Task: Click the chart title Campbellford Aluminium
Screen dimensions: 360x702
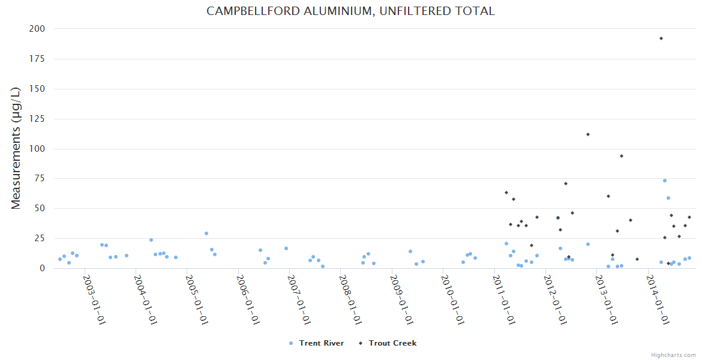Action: pos(350,11)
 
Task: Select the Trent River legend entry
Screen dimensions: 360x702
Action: pos(322,343)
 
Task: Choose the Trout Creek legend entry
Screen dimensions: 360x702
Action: pos(392,343)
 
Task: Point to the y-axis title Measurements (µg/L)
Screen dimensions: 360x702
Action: pos(16,148)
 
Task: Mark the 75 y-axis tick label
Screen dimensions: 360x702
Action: pos(38,179)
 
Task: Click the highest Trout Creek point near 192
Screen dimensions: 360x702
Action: pos(661,38)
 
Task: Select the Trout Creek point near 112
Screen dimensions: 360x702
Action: pos(588,134)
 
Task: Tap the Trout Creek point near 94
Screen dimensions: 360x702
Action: pos(622,156)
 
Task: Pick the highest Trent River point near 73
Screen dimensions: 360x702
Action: pos(665,181)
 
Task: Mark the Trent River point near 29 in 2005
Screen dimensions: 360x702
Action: pos(206,233)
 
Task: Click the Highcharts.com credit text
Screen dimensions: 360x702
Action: pos(673,355)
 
